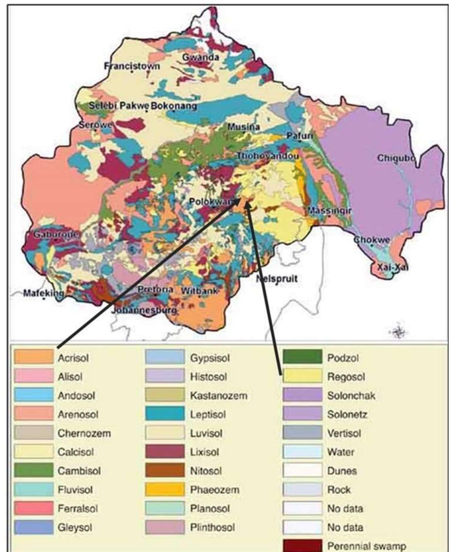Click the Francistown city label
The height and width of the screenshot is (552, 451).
point(132,66)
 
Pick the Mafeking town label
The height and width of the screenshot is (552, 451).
point(43,294)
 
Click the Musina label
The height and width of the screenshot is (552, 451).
point(243,127)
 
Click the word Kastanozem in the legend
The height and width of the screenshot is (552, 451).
point(219,395)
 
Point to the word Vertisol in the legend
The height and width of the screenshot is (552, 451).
point(344,433)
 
